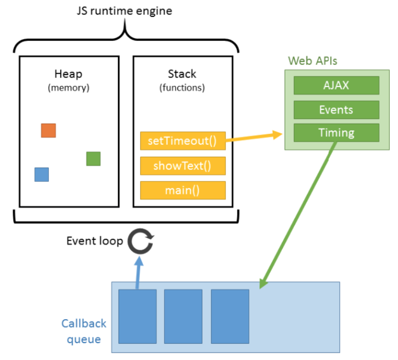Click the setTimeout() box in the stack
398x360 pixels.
click(x=183, y=141)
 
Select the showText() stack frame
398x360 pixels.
click(x=183, y=166)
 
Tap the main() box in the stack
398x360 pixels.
click(x=183, y=190)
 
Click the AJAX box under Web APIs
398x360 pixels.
click(x=336, y=86)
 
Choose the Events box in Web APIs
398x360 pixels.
click(x=336, y=109)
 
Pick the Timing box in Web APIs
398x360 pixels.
click(x=336, y=132)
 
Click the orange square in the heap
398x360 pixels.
click(x=48, y=130)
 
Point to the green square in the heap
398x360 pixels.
click(x=93, y=158)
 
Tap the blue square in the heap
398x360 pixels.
click(x=42, y=174)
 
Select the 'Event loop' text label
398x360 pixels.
click(x=94, y=241)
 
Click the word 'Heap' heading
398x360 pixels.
click(x=68, y=74)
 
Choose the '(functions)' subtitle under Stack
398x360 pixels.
click(x=182, y=88)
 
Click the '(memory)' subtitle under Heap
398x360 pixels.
click(x=68, y=88)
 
